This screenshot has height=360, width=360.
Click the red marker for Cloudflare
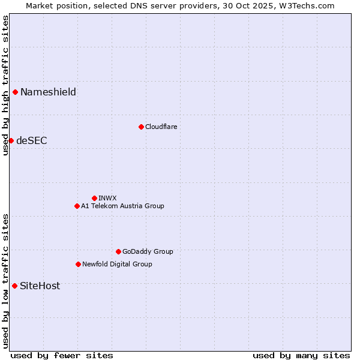click(x=141, y=127)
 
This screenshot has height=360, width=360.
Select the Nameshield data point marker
click(x=15, y=92)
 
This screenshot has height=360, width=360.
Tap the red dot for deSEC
click(x=11, y=140)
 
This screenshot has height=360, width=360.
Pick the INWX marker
click(x=94, y=198)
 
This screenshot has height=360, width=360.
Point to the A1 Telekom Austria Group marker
click(x=77, y=206)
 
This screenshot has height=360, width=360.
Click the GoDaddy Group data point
click(x=118, y=251)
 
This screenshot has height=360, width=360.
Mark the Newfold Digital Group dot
click(x=78, y=264)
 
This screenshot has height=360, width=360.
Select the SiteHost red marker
click(x=14, y=286)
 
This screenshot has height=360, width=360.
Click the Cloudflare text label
click(x=161, y=127)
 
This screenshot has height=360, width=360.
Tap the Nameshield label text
click(x=48, y=92)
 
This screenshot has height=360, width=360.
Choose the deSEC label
click(x=31, y=140)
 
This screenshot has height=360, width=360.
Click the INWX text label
click(x=107, y=198)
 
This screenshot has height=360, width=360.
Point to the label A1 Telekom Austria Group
click(x=122, y=206)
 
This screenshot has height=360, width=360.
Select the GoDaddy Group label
click(x=148, y=251)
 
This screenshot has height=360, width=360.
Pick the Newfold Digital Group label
click(x=117, y=264)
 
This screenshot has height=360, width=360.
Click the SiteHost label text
click(x=40, y=286)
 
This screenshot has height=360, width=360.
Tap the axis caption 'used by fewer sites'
click(x=62, y=355)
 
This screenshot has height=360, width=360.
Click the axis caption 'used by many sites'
click(x=301, y=355)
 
